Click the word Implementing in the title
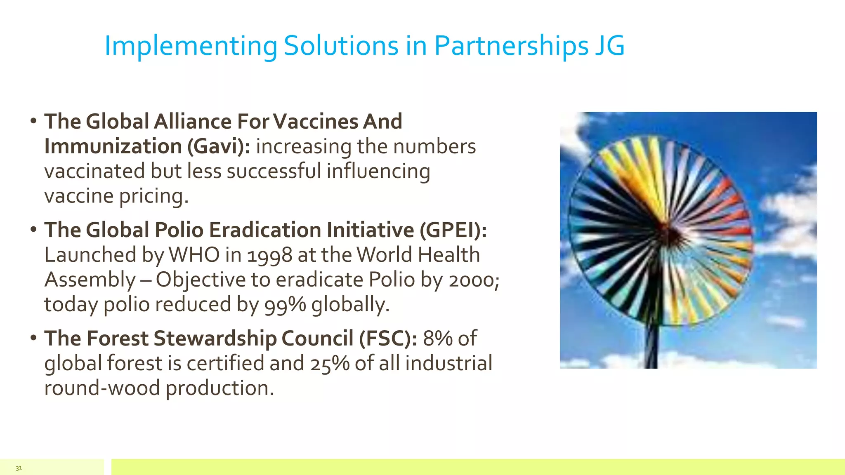(191, 46)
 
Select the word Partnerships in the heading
(511, 46)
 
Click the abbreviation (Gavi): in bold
(219, 146)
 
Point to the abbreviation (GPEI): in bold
(453, 230)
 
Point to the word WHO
(194, 255)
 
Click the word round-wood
(102, 388)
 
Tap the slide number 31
(19, 468)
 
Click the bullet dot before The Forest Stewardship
(33, 338)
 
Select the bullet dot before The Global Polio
(33, 230)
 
